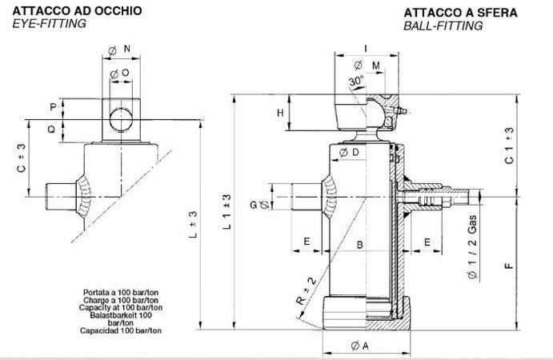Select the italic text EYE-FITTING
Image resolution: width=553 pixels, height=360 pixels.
click(x=49, y=24)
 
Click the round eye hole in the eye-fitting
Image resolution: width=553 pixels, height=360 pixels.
click(x=121, y=118)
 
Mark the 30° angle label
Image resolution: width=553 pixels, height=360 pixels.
click(x=356, y=80)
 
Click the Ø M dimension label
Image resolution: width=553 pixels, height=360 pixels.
click(x=370, y=65)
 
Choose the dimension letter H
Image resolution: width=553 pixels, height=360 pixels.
click(x=280, y=113)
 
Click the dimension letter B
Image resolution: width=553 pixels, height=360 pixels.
click(x=360, y=243)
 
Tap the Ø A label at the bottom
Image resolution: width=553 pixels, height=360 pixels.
click(x=359, y=346)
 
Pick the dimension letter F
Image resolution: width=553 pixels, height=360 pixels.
click(x=511, y=266)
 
